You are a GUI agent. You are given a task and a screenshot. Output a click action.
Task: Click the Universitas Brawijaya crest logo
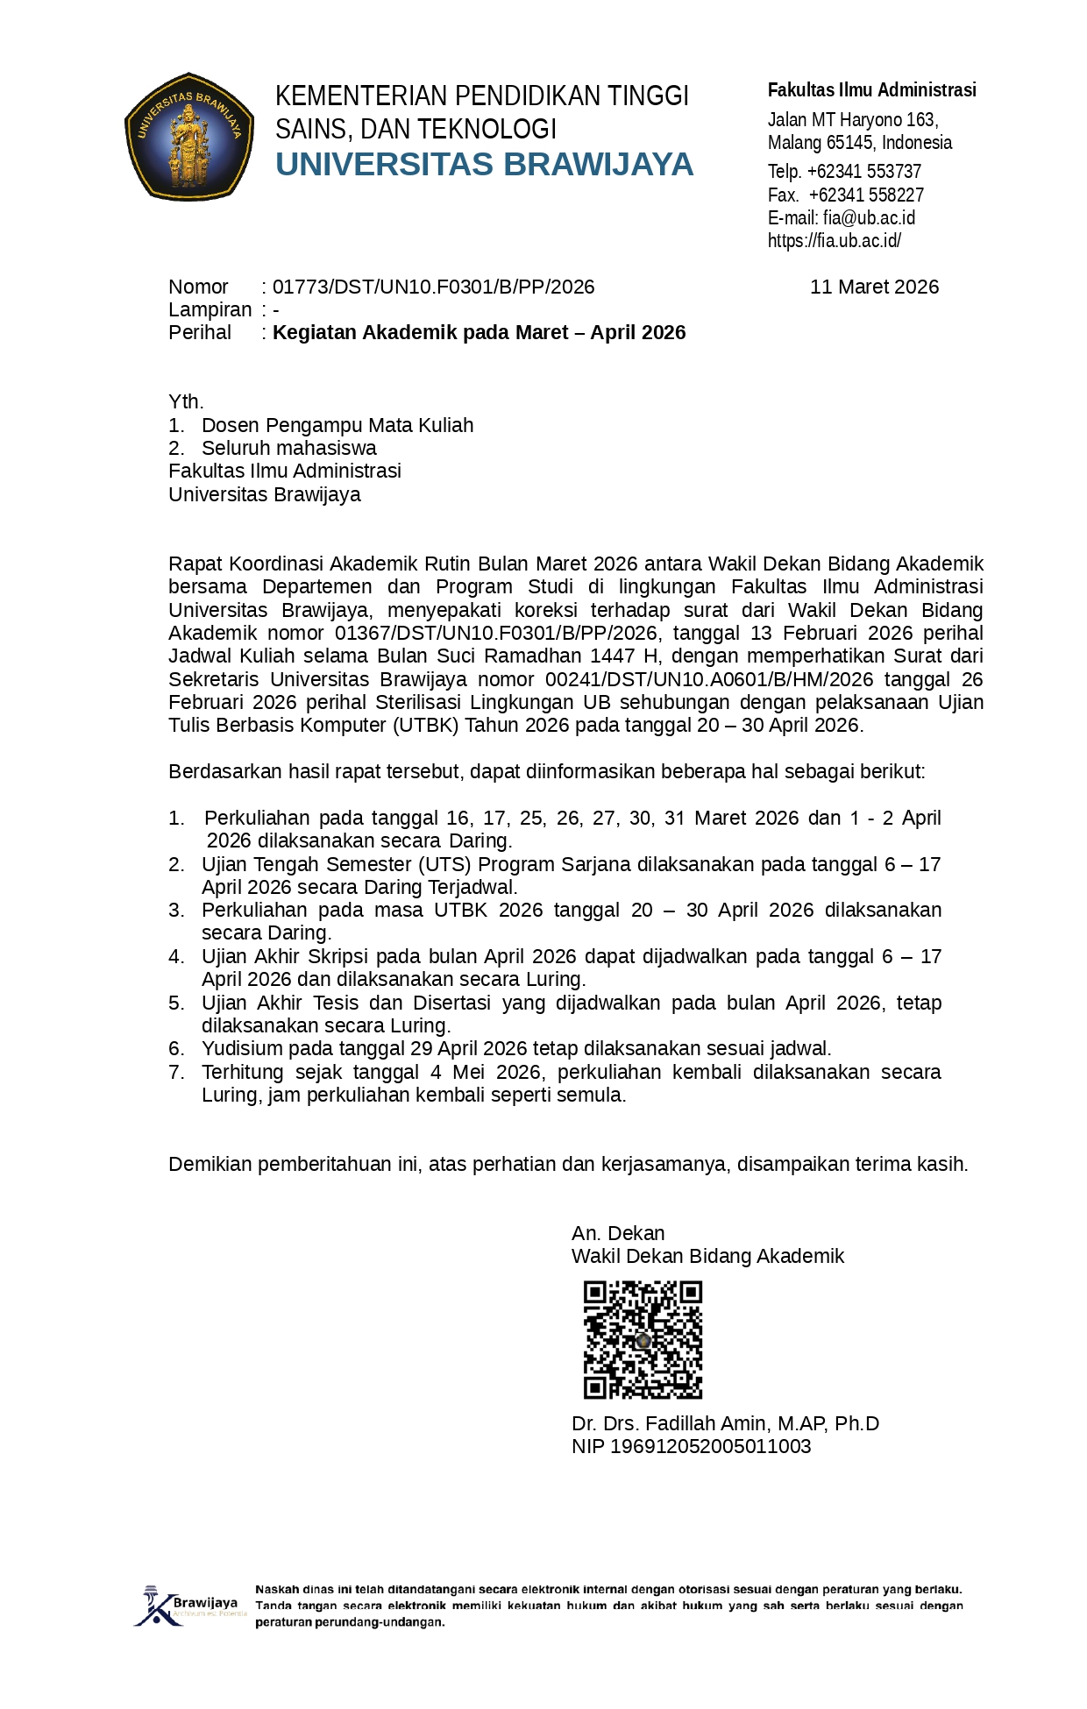coord(188,137)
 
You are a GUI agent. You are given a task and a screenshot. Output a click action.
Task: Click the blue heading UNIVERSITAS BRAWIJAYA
coord(484,165)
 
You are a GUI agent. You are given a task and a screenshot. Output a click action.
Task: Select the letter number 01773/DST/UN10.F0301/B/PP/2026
coord(433,287)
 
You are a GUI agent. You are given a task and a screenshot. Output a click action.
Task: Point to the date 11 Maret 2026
coord(874,287)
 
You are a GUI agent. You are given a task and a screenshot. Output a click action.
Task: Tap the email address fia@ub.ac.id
coord(869,217)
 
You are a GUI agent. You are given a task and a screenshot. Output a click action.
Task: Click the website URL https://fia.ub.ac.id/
coord(834,240)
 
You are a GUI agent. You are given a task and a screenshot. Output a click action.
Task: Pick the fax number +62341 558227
coord(866,195)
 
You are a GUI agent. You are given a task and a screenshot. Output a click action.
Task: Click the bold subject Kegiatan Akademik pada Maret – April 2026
coord(479,332)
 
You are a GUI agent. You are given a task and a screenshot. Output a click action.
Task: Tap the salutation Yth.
coord(186,401)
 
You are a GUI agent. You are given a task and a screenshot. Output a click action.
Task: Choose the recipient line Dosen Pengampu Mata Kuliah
coord(337,425)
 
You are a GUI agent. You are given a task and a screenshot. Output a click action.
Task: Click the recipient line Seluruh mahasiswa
coord(289,448)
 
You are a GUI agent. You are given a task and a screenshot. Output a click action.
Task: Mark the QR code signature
coord(643,1339)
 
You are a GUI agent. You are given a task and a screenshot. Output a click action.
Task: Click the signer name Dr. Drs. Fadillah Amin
coord(725,1423)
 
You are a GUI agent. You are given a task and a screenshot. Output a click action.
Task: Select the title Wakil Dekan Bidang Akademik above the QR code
coord(707,1256)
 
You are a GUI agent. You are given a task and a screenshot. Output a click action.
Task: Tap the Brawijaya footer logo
coord(189,1606)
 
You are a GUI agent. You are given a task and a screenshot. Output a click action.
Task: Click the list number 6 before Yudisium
coord(176,1048)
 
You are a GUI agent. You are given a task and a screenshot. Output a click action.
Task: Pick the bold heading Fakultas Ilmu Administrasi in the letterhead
coord(871,89)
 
